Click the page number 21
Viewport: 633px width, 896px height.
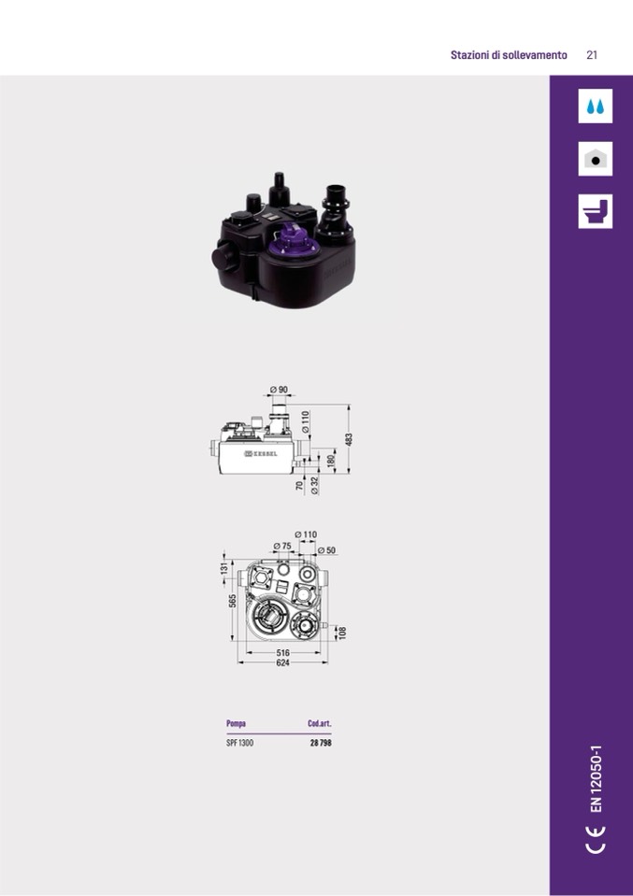pos(592,55)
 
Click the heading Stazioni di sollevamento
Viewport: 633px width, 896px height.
pos(509,55)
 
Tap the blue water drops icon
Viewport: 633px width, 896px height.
pos(595,107)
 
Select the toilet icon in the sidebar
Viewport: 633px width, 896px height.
pos(595,211)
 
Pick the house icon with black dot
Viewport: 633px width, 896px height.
pos(595,159)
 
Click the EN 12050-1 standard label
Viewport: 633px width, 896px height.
pos(597,778)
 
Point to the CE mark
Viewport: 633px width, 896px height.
pos(596,839)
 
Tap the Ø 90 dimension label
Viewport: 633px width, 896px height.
pos(279,390)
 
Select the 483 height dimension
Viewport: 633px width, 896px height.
pos(349,439)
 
